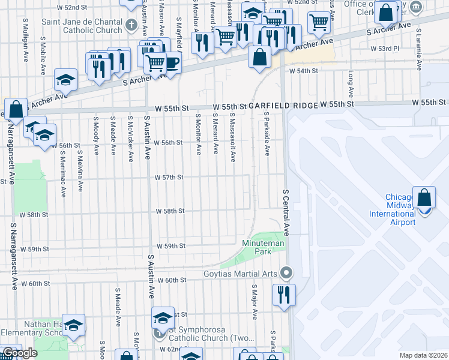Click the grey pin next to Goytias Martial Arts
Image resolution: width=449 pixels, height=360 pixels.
pos(286,274)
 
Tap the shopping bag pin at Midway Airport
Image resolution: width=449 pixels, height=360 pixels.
pos(424,198)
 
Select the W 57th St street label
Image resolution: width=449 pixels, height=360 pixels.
pos(169,178)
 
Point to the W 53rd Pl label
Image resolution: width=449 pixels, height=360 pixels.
pos(382,48)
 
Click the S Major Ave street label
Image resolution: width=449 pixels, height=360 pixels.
pos(254,306)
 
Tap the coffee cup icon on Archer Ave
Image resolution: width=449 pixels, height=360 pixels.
pos(172,62)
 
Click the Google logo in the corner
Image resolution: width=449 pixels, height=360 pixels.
pos(20,353)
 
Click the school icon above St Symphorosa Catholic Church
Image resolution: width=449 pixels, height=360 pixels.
pos(162,317)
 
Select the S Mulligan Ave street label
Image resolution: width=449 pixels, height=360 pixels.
pos(25,34)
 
